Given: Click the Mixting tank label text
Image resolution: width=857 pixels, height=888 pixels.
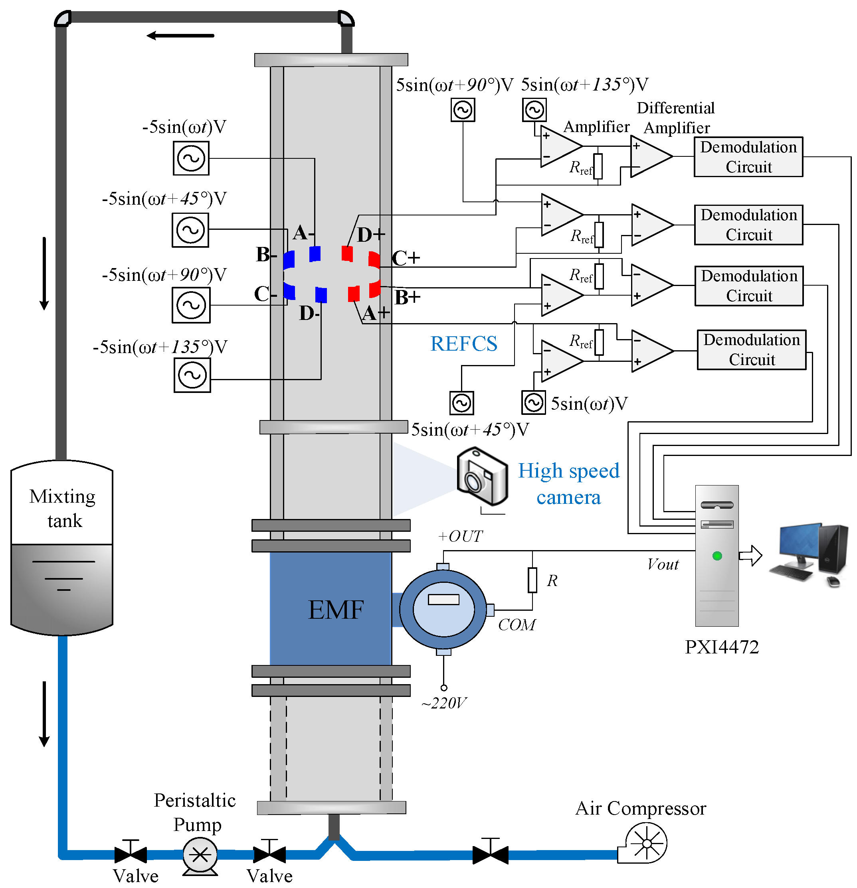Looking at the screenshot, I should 63,508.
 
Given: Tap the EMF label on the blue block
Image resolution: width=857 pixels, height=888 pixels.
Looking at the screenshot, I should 336,610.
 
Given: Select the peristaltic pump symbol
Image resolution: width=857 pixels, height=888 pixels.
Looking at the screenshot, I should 200,854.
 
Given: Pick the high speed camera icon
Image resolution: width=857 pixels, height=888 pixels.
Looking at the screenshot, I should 481,476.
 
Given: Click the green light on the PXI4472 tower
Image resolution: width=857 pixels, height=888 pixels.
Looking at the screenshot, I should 717,556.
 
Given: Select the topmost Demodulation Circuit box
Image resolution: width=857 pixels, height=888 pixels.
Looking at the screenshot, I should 748,157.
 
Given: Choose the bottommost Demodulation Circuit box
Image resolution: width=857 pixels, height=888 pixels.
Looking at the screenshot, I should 751,350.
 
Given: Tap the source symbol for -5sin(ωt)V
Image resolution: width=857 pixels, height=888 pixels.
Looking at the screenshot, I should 191,158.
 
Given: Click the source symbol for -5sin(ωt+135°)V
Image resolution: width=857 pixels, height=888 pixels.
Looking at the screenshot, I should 192,375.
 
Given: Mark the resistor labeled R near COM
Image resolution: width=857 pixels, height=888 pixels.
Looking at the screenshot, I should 532,580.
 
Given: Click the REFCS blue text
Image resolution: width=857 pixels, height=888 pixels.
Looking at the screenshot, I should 463,343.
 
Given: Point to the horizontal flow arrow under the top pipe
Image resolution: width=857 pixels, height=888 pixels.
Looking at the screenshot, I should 180,36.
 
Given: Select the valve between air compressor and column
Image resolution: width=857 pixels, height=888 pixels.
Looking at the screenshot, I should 490,854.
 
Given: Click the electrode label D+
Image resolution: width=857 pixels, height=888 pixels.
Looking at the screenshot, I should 370,235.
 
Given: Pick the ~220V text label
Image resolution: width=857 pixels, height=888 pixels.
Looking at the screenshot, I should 443,703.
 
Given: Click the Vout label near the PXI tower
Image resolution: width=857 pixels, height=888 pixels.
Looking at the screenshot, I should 663,564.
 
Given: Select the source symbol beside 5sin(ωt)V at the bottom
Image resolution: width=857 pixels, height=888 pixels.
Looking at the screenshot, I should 533,403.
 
